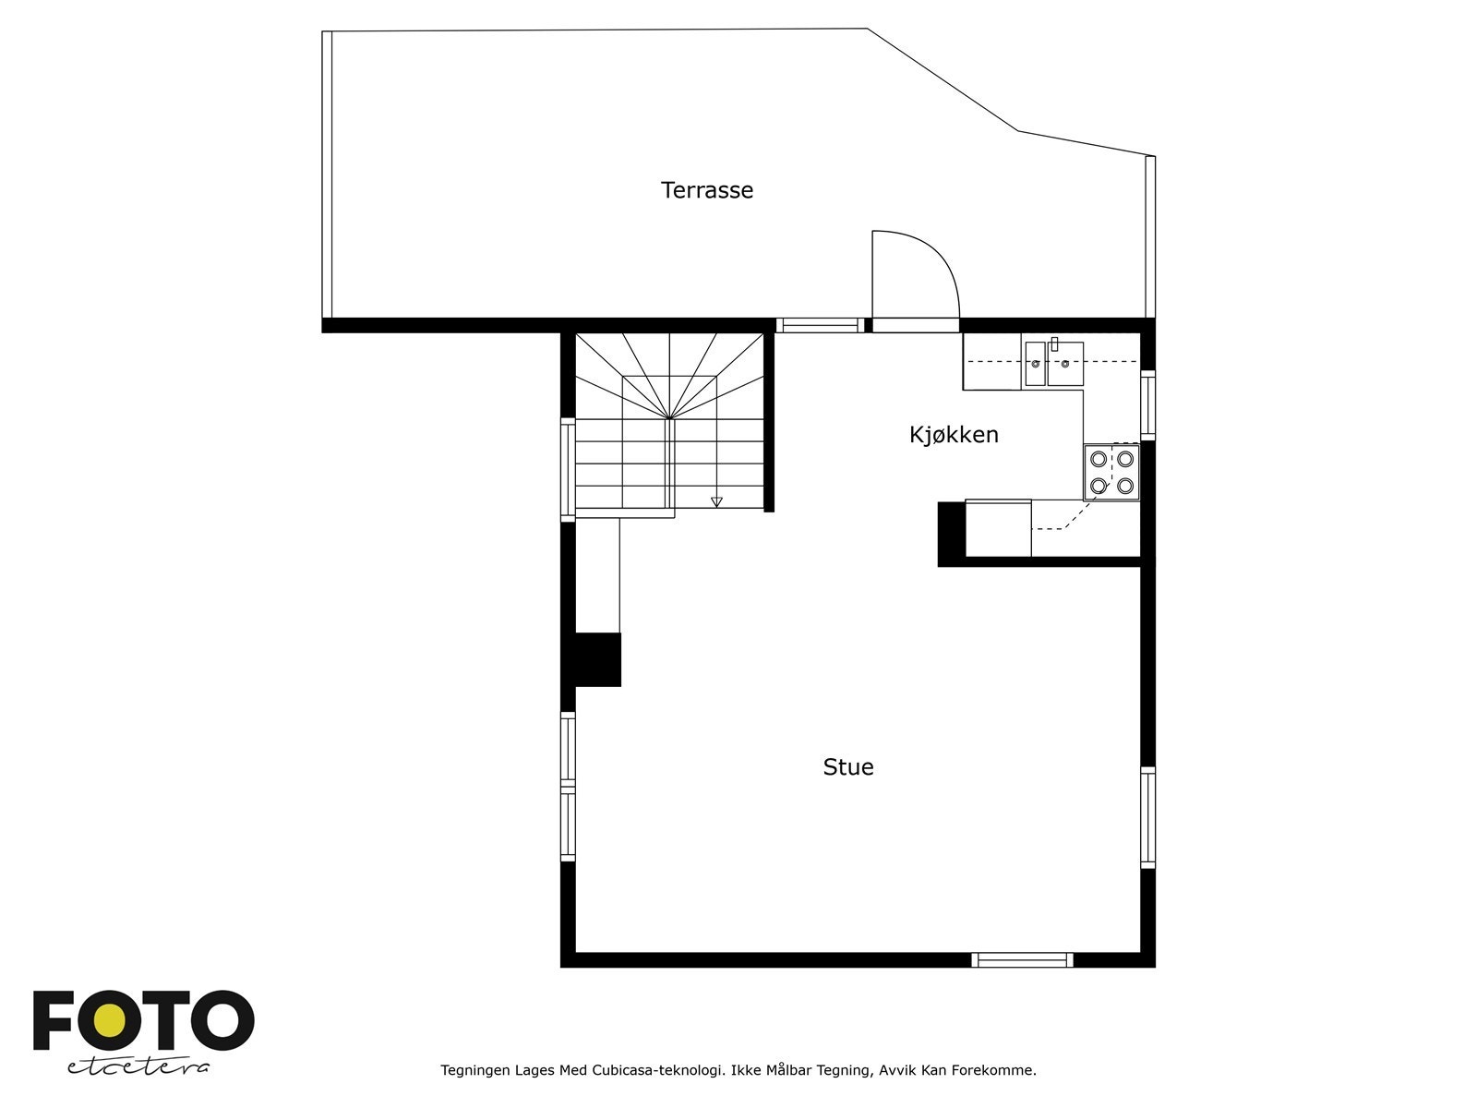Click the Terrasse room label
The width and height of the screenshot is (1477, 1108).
(x=707, y=190)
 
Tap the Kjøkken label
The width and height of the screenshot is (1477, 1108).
(x=954, y=435)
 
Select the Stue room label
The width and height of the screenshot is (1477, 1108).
(x=847, y=767)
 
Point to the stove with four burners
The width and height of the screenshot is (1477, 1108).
(x=1111, y=472)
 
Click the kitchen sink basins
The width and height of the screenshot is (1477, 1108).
(x=1053, y=364)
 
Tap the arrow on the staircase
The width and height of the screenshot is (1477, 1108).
(x=716, y=501)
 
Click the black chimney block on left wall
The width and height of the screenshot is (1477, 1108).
(x=597, y=659)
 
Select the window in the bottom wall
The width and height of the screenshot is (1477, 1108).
(x=1022, y=960)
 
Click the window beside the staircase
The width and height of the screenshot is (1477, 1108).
(x=568, y=469)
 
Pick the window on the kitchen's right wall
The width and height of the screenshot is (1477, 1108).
(x=1147, y=404)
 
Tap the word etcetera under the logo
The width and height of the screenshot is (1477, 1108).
(x=138, y=1066)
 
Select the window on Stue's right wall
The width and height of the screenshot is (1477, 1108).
(x=1147, y=817)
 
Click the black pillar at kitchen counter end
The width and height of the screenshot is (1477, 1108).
(x=951, y=533)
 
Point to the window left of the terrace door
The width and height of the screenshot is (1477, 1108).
(x=819, y=325)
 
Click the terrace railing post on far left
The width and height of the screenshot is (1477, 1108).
(x=327, y=175)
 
